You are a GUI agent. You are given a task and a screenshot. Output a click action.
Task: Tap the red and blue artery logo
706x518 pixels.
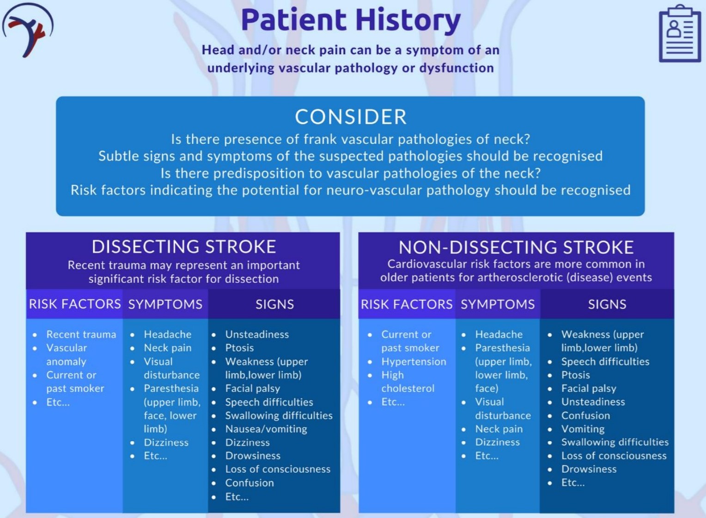(28, 30)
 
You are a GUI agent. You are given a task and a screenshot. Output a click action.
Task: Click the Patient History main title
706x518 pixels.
(351, 20)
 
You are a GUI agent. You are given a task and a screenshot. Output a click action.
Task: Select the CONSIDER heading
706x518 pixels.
(351, 117)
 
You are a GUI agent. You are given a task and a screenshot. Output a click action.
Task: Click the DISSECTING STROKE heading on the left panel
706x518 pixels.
(184, 247)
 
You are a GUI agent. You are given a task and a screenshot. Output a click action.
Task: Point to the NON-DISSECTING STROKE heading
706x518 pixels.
(516, 247)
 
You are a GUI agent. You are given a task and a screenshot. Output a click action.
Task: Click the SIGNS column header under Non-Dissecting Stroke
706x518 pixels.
(607, 304)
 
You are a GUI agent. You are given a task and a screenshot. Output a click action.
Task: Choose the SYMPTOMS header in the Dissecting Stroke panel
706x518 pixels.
(165, 304)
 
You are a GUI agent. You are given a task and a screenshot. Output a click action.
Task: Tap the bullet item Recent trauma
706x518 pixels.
(81, 334)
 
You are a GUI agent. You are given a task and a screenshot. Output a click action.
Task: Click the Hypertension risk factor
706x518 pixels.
(414, 362)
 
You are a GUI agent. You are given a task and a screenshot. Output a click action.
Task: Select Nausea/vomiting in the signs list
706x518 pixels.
(266, 429)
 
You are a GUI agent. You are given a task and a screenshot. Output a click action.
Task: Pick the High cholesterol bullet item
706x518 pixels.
(408, 382)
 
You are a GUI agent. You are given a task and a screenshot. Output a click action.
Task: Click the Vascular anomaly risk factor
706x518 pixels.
(67, 355)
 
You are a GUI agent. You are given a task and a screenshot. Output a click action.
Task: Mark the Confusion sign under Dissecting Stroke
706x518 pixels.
(250, 483)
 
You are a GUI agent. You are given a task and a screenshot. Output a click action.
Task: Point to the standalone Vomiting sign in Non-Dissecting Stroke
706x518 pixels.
(583, 429)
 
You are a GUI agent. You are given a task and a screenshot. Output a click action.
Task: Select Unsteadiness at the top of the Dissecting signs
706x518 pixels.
(257, 334)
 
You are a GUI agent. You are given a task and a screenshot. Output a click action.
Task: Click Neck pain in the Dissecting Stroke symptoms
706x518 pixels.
(168, 348)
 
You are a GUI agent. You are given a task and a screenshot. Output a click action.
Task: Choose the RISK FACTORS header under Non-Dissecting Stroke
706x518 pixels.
(407, 304)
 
